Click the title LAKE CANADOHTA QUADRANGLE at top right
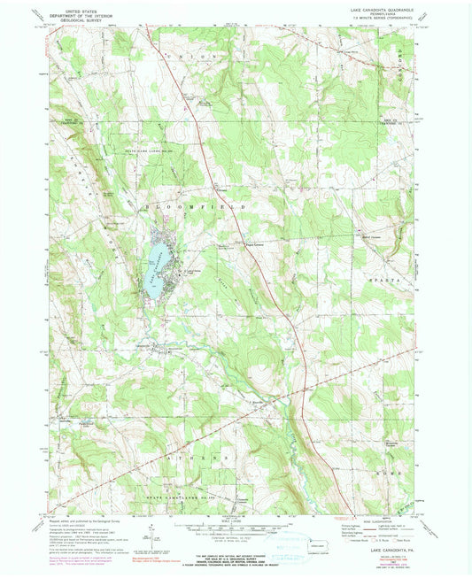point(375,8)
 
